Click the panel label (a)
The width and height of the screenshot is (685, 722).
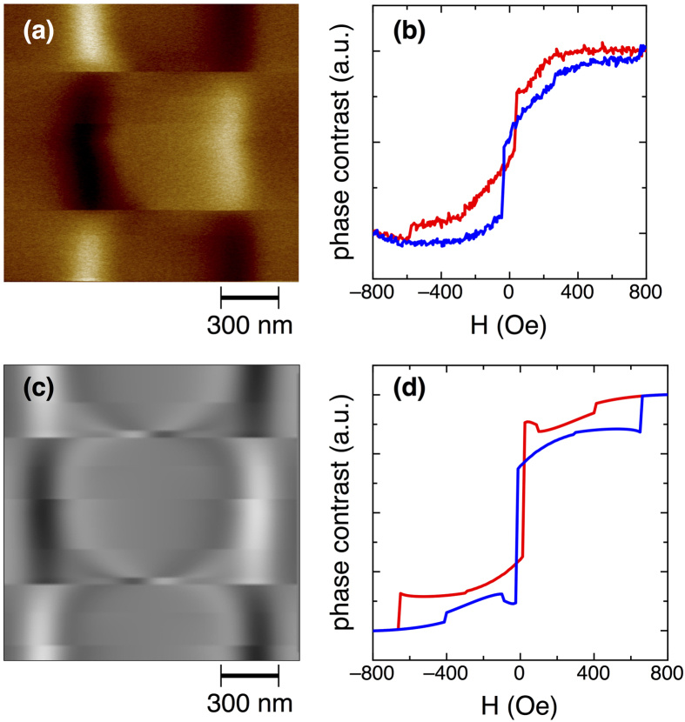point(39,32)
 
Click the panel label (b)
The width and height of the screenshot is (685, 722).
point(410,32)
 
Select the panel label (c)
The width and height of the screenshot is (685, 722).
point(39,389)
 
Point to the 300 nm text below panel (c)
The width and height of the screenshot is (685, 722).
point(249,701)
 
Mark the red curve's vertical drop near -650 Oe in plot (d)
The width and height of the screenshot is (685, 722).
point(399,611)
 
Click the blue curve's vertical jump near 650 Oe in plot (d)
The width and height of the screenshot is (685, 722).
point(641,414)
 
